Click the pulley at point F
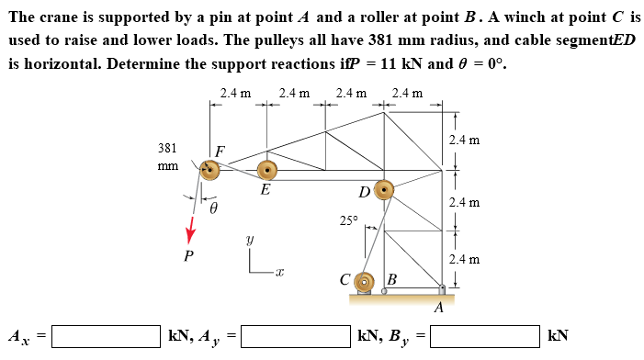coord(210,169)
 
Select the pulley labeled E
coord(266,170)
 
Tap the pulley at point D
coord(382,191)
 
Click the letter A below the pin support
coord(439,308)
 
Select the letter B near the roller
coord(391,278)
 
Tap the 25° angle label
coord(347,220)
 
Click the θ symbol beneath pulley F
coord(214,209)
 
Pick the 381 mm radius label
coord(167,156)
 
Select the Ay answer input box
coord(296,334)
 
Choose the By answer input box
coord(484,334)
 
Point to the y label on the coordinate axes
coord(248,238)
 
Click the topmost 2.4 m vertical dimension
coord(464,141)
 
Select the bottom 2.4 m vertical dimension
coord(464,259)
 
